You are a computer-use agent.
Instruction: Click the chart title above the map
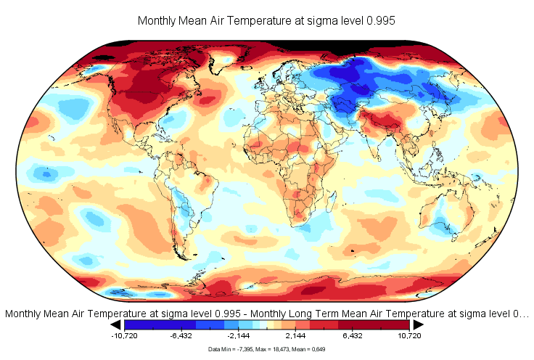(266, 21)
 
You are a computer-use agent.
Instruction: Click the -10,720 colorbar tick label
(125, 337)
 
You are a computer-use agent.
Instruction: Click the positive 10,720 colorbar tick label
(409, 337)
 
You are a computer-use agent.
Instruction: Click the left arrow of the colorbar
(116, 325)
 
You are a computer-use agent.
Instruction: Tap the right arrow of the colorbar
(418, 325)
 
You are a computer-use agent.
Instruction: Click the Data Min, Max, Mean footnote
(266, 350)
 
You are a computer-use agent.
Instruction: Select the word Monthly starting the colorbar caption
(23, 314)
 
